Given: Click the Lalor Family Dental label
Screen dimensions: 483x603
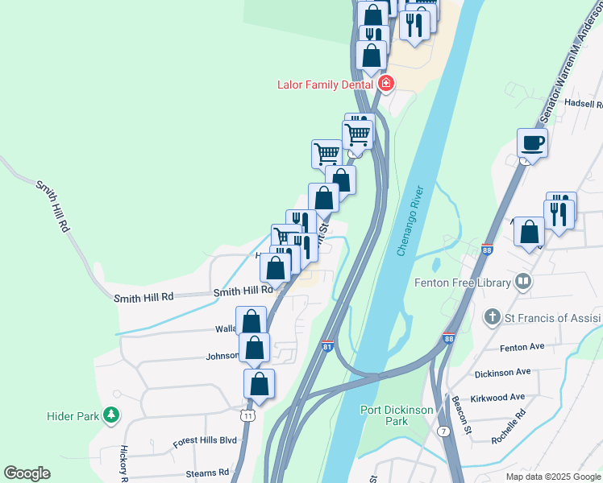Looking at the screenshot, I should click(x=325, y=84).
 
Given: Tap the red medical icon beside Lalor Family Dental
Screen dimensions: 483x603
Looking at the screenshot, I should click(x=386, y=83).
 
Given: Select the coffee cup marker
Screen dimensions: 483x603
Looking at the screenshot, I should click(x=532, y=143).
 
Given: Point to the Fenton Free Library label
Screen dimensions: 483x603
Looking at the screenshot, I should click(x=462, y=283).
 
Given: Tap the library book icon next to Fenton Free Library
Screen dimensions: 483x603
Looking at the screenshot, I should click(x=524, y=282).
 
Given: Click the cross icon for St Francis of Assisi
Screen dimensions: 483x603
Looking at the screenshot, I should click(x=492, y=317).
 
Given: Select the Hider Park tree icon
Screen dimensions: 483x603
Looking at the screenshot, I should click(x=111, y=415).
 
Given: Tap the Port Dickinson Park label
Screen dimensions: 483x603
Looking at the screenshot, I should click(x=396, y=415).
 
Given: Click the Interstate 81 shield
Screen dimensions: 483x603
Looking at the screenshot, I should click(x=327, y=345).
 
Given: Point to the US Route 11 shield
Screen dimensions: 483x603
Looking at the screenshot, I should click(x=248, y=414).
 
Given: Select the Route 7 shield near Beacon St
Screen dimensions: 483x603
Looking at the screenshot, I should click(x=444, y=431).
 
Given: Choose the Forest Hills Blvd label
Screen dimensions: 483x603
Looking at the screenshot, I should click(x=206, y=441).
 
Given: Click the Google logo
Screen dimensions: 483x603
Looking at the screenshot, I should click(x=27, y=473).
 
